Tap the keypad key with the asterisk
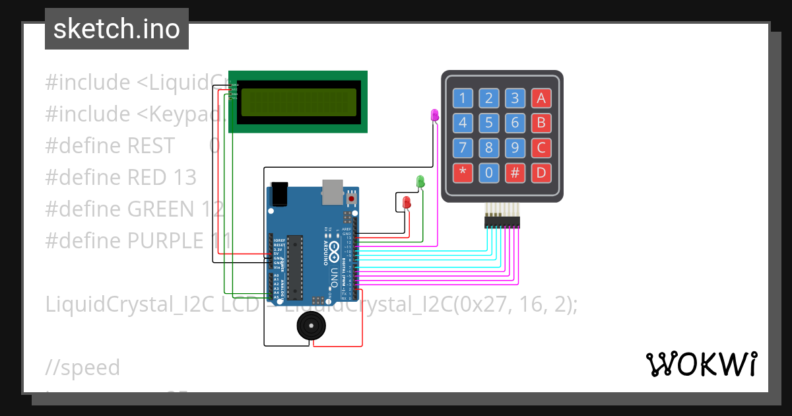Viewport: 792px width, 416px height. click(463, 173)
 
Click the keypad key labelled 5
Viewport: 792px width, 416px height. click(489, 123)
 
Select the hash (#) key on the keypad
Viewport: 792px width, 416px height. click(515, 173)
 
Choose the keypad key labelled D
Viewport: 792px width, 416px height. click(541, 173)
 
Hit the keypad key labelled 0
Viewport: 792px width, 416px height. click(489, 173)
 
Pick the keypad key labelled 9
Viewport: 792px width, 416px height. click(515, 148)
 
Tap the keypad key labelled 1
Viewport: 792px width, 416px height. click(463, 98)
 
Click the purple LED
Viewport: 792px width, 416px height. click(434, 116)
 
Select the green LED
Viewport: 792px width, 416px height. click(420, 181)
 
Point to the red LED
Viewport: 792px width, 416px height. click(407, 202)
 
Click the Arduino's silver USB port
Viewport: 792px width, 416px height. click(333, 191)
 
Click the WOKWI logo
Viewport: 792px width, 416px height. click(701, 364)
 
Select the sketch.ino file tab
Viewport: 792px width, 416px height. click(117, 29)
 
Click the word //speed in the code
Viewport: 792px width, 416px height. click(82, 367)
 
